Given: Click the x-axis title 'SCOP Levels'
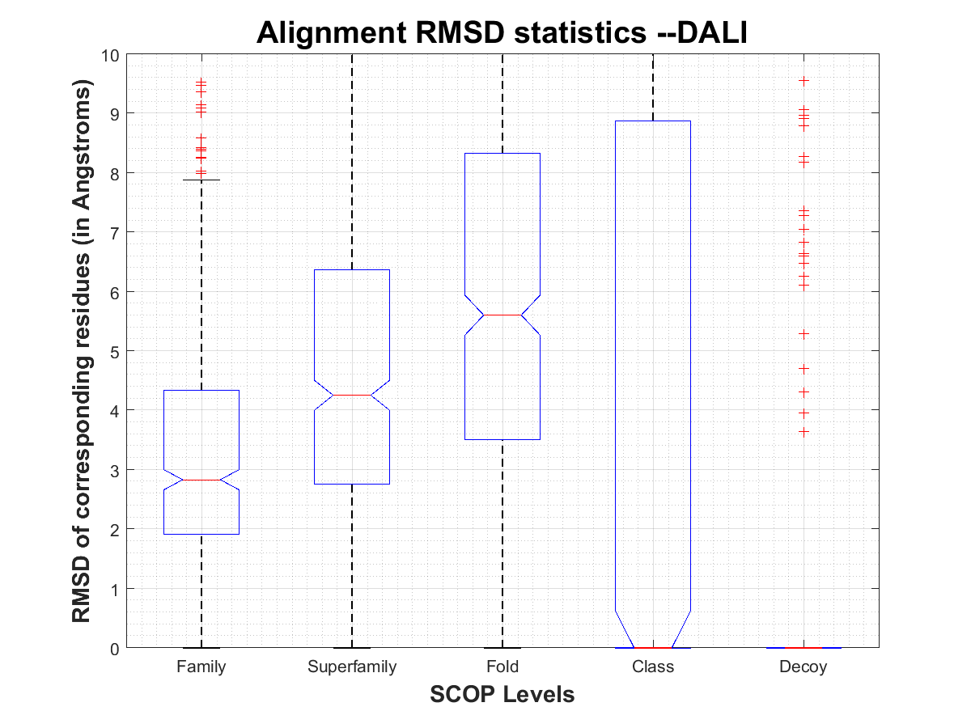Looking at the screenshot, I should point(502,694).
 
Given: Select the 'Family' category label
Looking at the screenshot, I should point(201,667).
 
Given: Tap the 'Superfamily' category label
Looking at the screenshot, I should point(352,667).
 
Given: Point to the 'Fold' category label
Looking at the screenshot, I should point(502,667).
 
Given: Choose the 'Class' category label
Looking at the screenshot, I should point(653,667).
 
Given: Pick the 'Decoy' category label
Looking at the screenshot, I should point(804,667).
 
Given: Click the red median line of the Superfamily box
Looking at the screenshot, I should point(352,395).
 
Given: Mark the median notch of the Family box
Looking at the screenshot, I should point(201,480).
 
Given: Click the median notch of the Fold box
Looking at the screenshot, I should point(502,315).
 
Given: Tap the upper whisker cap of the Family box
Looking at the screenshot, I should point(201,180).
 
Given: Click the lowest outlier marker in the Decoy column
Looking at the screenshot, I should point(804,432).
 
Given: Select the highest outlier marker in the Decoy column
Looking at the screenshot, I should point(804,81).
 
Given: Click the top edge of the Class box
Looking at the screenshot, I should point(653,121).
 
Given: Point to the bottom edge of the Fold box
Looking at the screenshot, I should point(502,439).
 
